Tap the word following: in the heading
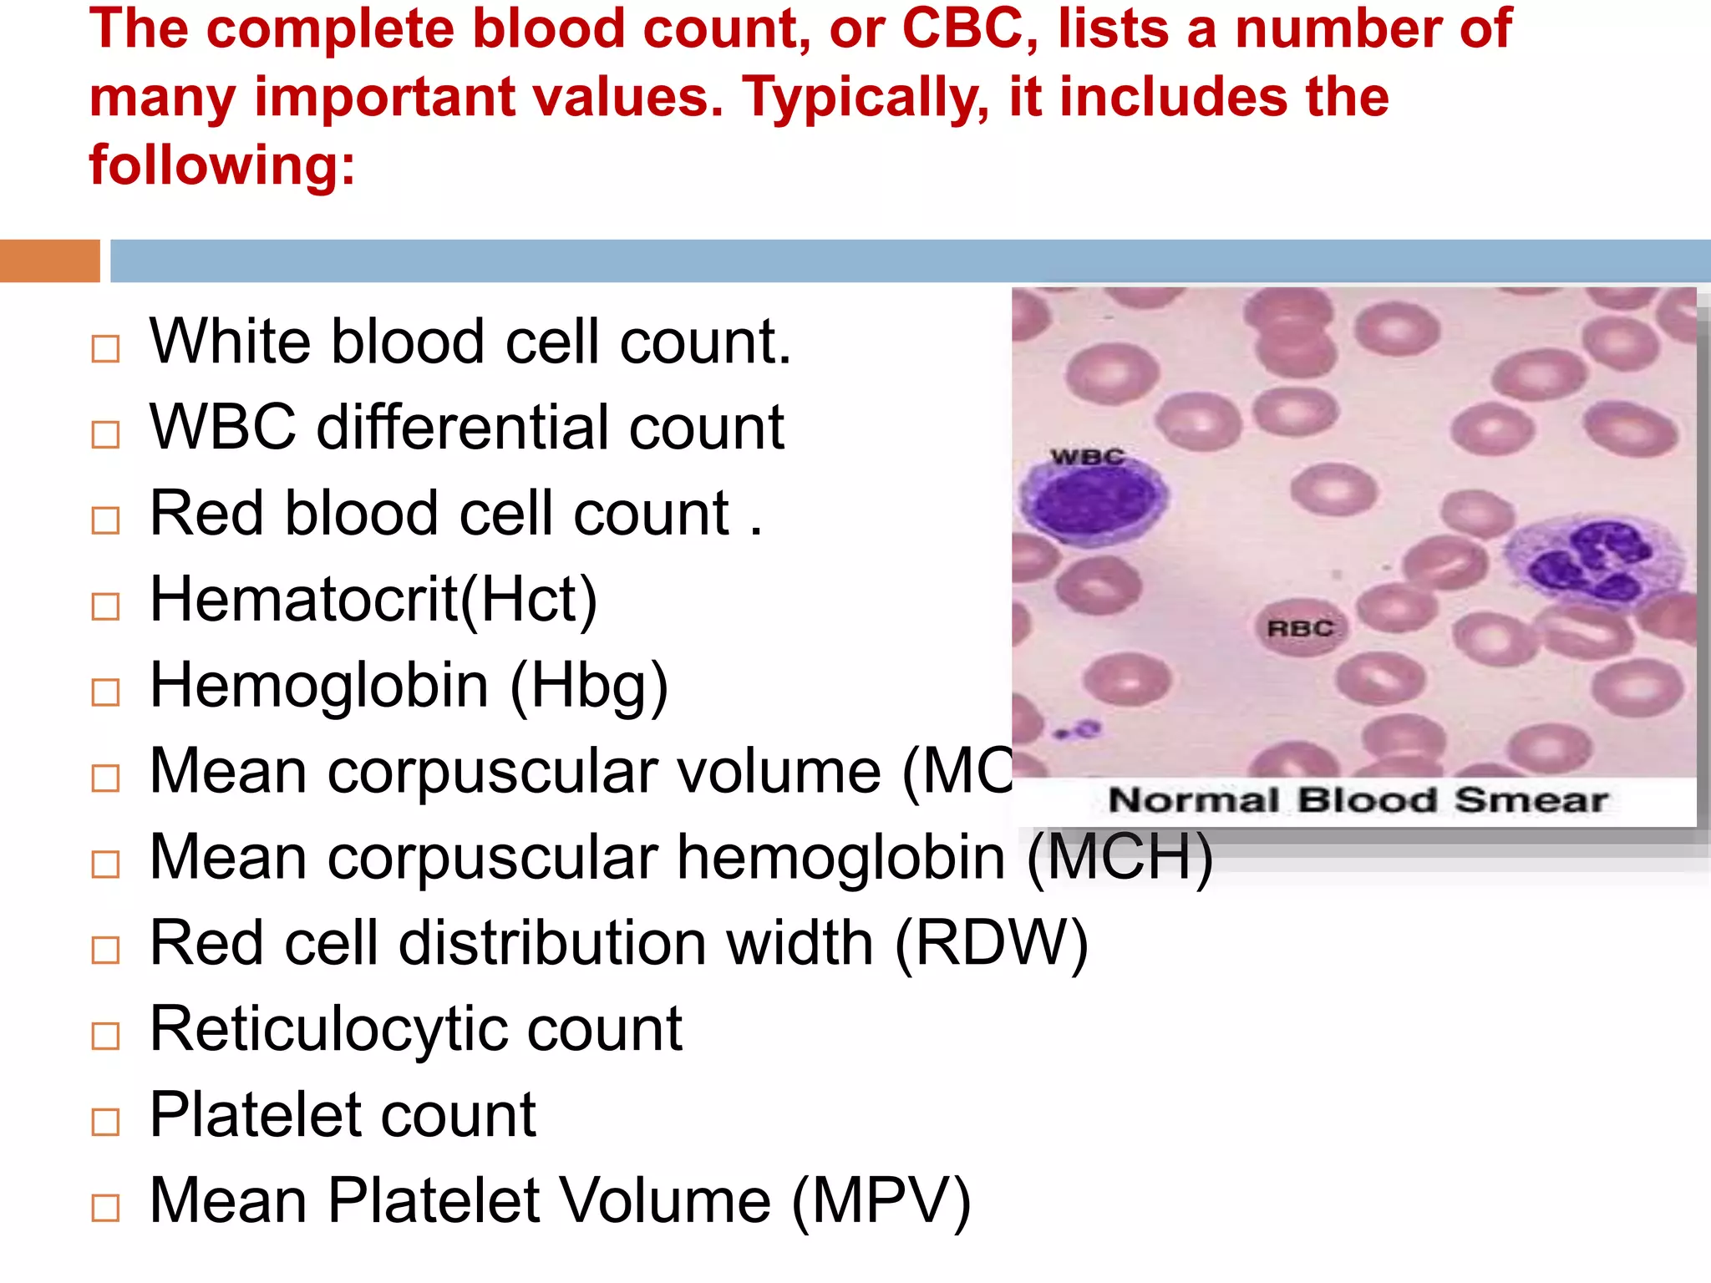tap(222, 165)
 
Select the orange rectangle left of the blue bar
tap(49, 261)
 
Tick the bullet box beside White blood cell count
tap(106, 348)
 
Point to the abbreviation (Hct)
tap(530, 600)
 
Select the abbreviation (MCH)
tap(1120, 858)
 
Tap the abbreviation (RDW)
tap(991, 944)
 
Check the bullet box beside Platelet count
tap(106, 1122)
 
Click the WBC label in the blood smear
tap(1087, 457)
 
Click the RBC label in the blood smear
tap(1300, 628)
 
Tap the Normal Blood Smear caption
tap(1358, 800)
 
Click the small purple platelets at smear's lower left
tap(1078, 732)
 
